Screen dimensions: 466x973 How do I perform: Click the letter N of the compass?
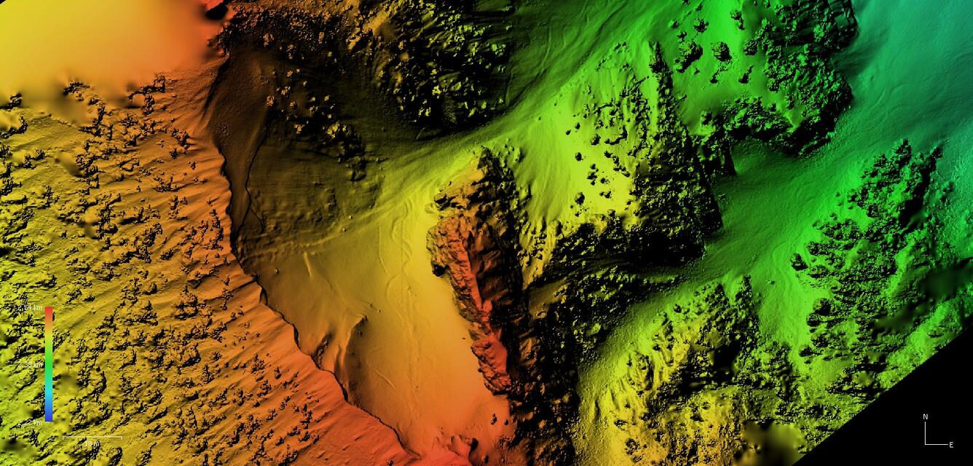[926, 416]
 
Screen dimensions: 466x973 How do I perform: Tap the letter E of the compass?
[951, 444]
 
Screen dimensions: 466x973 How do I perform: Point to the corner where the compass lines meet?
[926, 443]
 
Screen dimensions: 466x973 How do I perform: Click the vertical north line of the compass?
[926, 432]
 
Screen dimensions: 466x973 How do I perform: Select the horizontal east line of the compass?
[937, 443]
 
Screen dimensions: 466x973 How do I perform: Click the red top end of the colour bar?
[49, 312]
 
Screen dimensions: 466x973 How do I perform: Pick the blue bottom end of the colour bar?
[49, 417]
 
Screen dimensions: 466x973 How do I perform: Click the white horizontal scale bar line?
[92, 437]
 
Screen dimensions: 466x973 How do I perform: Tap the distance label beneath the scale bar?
[92, 443]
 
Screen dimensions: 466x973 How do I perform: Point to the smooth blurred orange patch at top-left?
[95, 36]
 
